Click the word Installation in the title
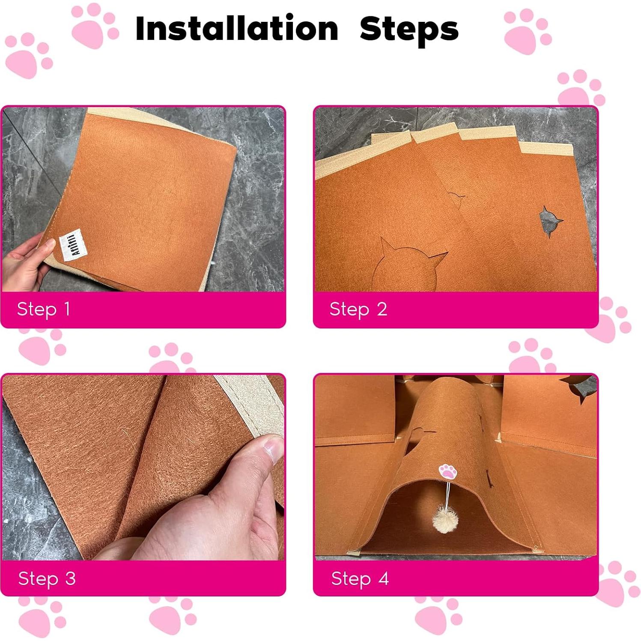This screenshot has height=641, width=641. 236,28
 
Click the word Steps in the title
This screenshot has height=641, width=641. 409,29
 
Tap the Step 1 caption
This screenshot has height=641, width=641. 43,309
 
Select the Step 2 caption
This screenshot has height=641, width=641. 358,309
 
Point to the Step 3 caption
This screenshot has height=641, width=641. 47,578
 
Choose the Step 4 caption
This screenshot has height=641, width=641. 360,578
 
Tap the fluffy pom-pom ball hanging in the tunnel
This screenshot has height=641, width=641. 446,518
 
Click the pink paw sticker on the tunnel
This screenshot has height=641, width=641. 448,472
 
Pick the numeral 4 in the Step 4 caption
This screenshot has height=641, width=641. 383,578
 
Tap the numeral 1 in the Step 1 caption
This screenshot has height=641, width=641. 67,309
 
